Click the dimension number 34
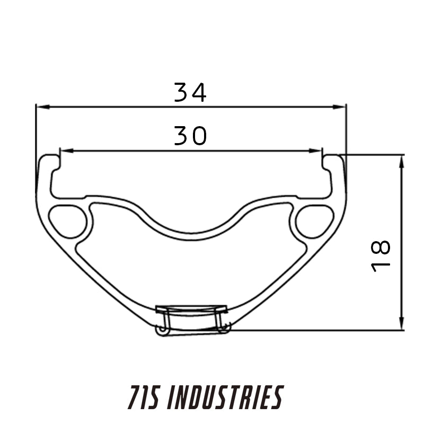click(x=190, y=92)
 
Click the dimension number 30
click(x=190, y=136)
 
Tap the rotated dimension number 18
click(x=381, y=255)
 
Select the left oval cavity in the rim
click(x=68, y=220)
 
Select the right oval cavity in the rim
click(x=314, y=220)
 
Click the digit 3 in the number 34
click(x=182, y=92)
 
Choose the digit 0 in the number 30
click(x=199, y=136)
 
